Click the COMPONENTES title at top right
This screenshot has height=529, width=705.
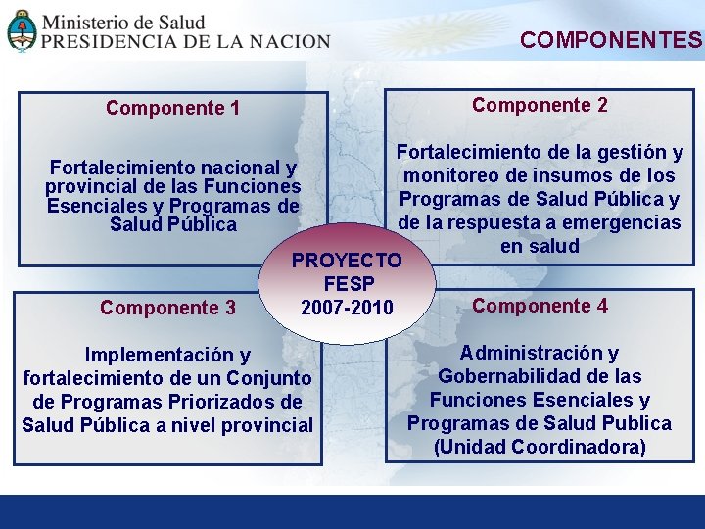pyautogui.click(x=611, y=40)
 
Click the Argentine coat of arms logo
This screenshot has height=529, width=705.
pyautogui.click(x=22, y=29)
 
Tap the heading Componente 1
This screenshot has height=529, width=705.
pyautogui.click(x=172, y=108)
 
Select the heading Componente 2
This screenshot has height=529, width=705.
pyautogui.click(x=540, y=105)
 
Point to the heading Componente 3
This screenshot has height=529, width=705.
pyautogui.click(x=167, y=308)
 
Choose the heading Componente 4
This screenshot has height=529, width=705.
pyautogui.click(x=540, y=306)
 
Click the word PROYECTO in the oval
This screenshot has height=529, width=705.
pyautogui.click(x=347, y=261)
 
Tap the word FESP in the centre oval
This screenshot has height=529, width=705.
pyautogui.click(x=347, y=284)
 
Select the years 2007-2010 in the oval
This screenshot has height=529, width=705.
pyautogui.click(x=347, y=309)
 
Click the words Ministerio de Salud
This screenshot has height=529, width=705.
pyautogui.click(x=123, y=22)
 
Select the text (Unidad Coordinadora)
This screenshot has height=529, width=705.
pyautogui.click(x=540, y=447)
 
